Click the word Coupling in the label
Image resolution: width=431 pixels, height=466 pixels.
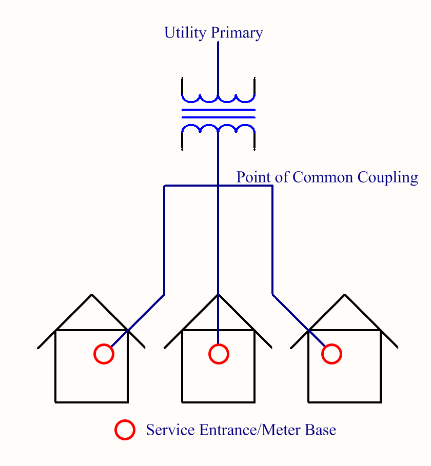click(x=388, y=178)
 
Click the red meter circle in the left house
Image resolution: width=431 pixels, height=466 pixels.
click(x=104, y=354)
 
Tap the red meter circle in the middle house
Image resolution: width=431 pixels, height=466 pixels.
click(x=219, y=354)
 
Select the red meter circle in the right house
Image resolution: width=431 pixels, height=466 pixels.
click(x=332, y=354)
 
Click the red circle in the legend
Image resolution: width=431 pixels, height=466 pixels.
click(x=125, y=430)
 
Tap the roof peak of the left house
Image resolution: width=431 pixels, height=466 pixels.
click(x=92, y=295)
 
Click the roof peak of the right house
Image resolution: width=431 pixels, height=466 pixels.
click(x=345, y=295)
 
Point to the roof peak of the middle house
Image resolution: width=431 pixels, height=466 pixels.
click(x=219, y=295)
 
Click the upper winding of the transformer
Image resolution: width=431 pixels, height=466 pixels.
click(x=219, y=97)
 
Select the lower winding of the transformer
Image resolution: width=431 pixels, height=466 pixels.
click(x=219, y=128)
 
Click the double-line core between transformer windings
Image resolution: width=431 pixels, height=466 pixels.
click(x=219, y=113)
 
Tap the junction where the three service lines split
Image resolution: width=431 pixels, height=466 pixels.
click(x=219, y=186)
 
